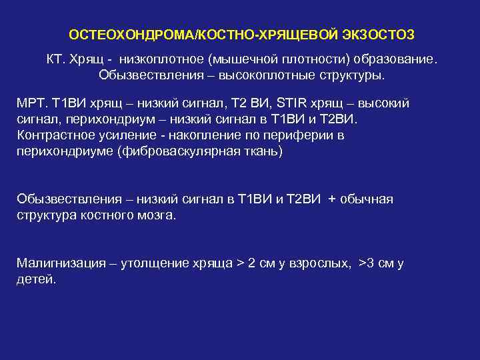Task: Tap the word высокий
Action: [x=385, y=103]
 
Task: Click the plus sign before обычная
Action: [x=332, y=199]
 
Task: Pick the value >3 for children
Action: [x=365, y=263]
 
